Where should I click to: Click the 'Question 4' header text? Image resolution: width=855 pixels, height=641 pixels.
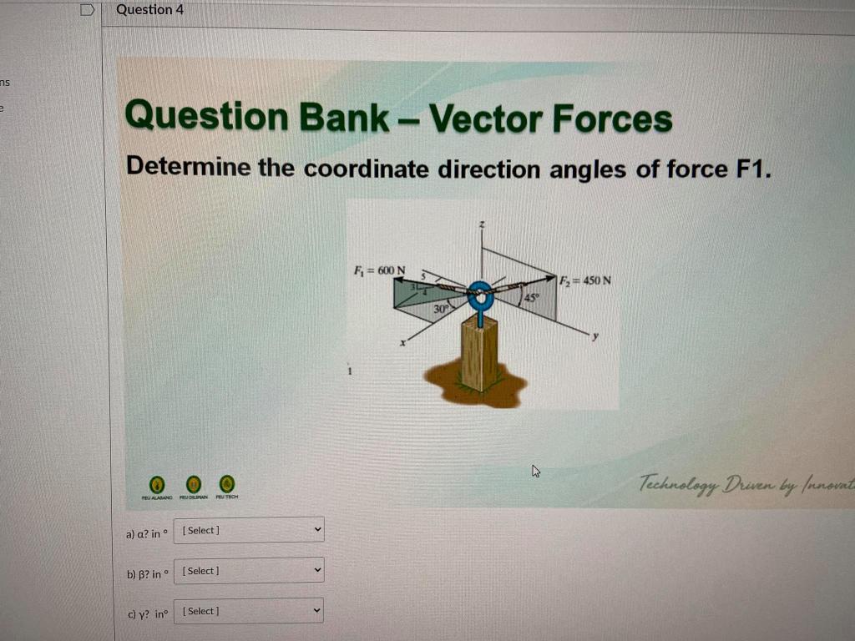click(x=149, y=10)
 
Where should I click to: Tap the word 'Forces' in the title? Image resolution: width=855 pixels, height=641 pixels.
click(x=612, y=119)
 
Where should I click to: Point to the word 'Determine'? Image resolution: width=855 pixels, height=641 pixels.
click(x=188, y=167)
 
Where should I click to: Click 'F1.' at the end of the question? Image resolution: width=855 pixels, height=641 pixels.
click(x=750, y=169)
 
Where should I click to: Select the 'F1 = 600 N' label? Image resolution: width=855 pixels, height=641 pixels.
click(x=380, y=270)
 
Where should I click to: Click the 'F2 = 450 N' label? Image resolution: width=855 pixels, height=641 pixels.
click(x=586, y=280)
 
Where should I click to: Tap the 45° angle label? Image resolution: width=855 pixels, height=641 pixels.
click(x=531, y=297)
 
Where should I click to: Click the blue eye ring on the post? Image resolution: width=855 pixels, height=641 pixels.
click(x=480, y=295)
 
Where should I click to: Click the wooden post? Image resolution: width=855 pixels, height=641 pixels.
click(x=480, y=354)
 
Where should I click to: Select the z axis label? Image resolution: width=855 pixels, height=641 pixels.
click(x=481, y=225)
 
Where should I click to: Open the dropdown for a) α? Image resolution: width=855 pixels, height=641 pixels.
click(x=249, y=530)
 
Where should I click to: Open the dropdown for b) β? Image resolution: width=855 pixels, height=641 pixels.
click(x=249, y=571)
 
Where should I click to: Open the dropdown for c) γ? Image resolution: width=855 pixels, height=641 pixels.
click(x=249, y=611)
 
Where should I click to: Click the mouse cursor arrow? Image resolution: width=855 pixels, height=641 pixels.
click(x=535, y=472)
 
